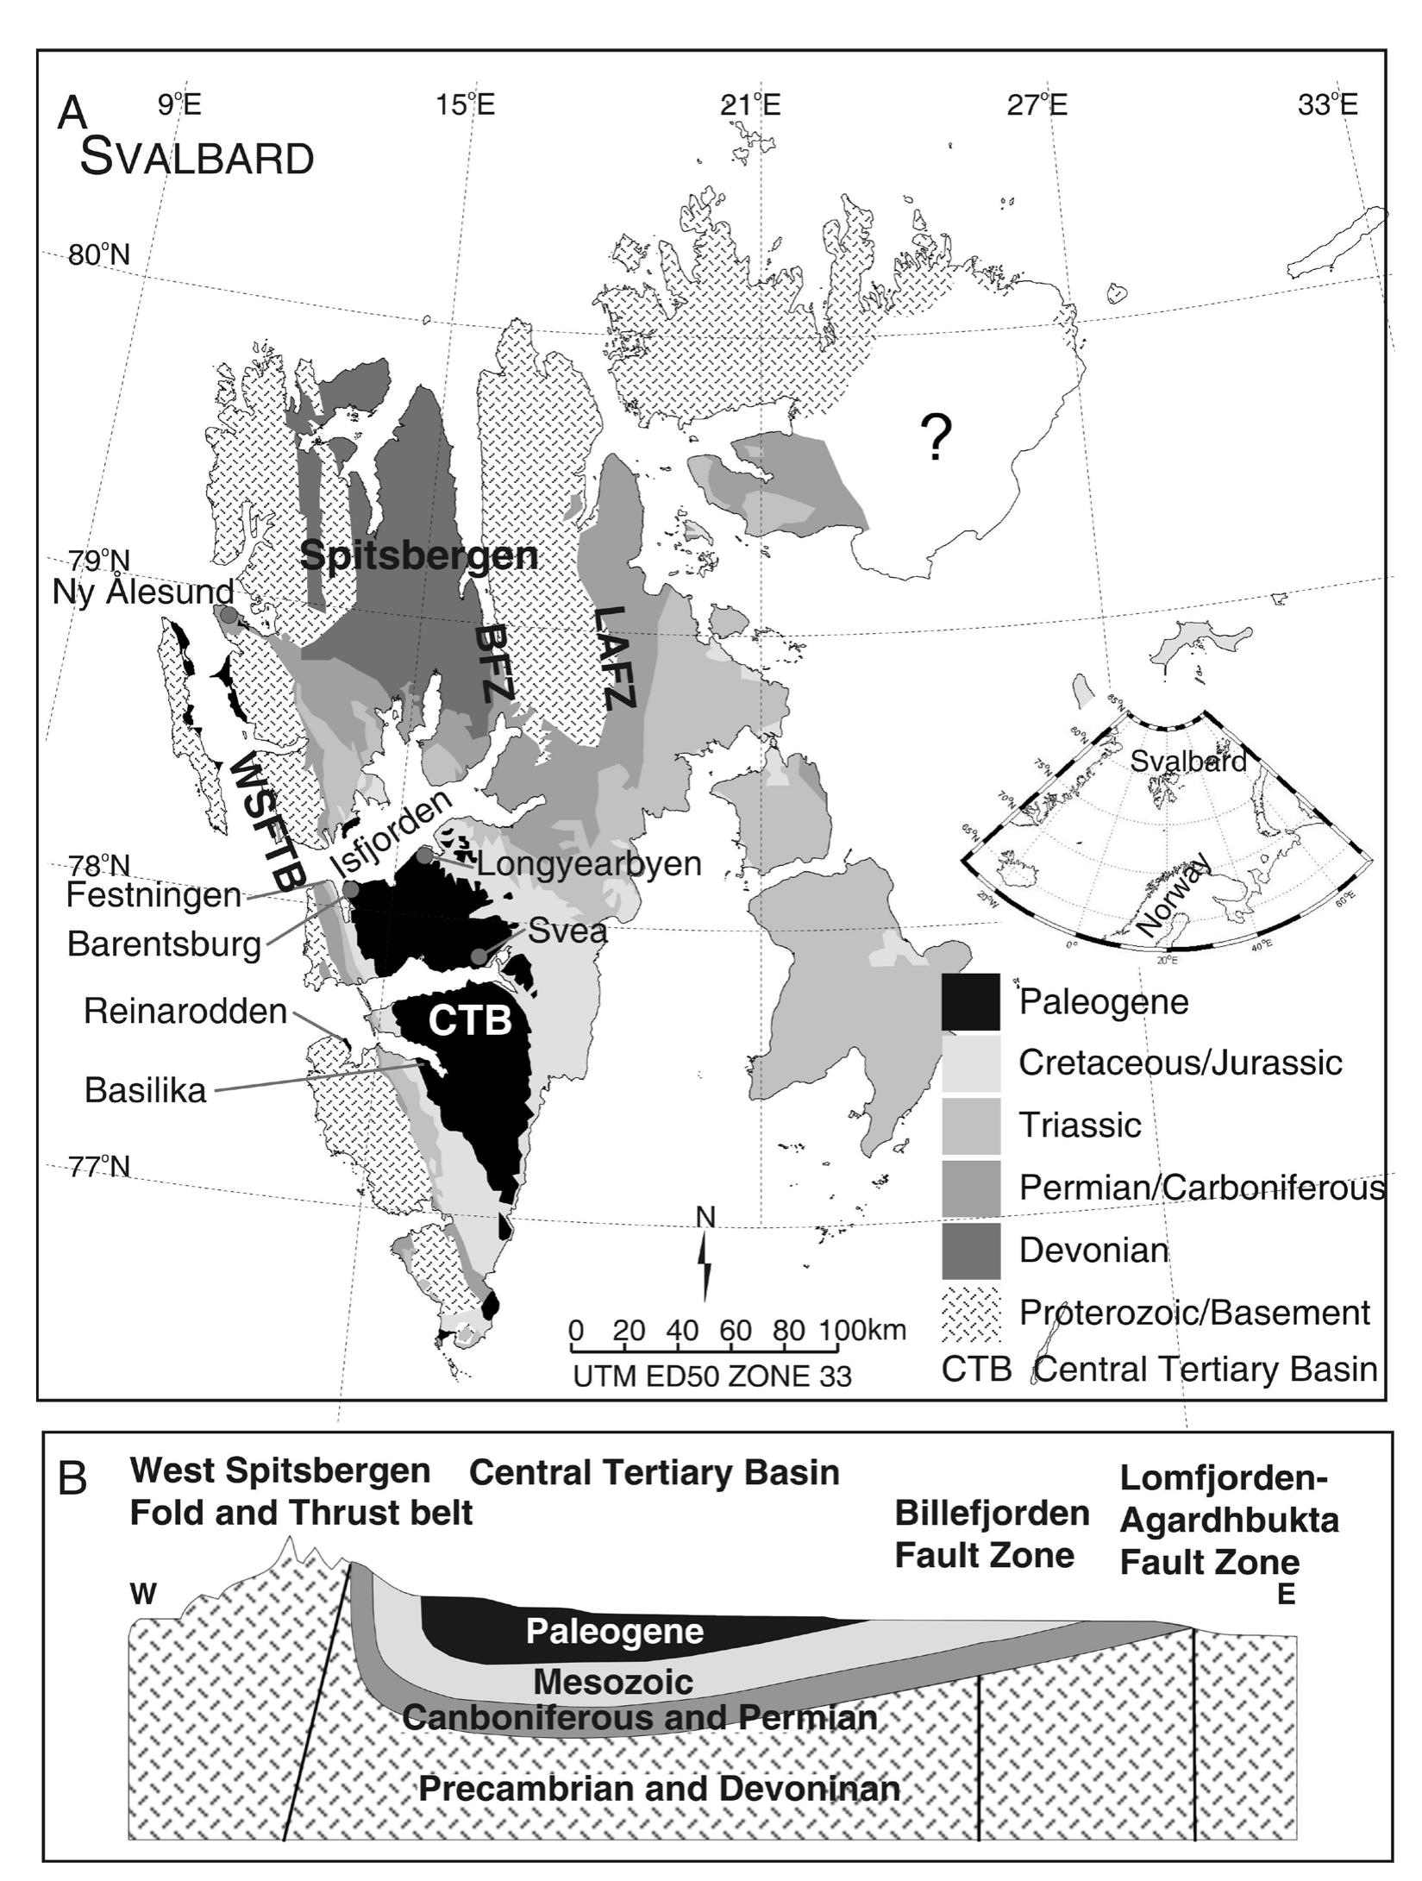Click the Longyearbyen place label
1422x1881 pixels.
[x=588, y=862]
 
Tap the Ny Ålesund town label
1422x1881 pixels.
[x=143, y=592]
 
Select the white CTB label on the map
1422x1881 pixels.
[x=470, y=1020]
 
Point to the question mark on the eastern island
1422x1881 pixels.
[x=936, y=438]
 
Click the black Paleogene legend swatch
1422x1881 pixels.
[x=970, y=1001]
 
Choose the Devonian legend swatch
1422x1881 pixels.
[x=970, y=1250]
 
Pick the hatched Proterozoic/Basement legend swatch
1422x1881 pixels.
[x=970, y=1313]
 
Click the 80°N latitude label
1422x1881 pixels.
[x=99, y=255]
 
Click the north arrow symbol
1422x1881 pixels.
[x=706, y=1263]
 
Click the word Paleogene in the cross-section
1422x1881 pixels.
[x=615, y=1631]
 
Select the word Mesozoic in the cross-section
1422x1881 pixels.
[x=613, y=1681]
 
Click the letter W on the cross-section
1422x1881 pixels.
[x=143, y=1595]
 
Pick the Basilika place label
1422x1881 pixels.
[x=146, y=1090]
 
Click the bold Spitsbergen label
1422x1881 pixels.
[x=419, y=556]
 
